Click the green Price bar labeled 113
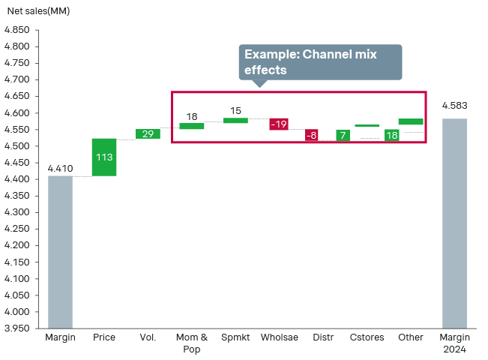click(x=104, y=157)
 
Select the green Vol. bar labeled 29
click(x=148, y=133)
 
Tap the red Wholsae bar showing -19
click(x=279, y=124)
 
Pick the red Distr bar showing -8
click(x=311, y=135)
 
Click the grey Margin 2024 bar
click(x=454, y=223)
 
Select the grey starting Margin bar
click(x=60, y=251)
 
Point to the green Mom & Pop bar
click(x=192, y=126)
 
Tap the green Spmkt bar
click(x=235, y=120)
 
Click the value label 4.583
click(x=454, y=106)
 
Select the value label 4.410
click(x=60, y=168)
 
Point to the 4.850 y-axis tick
click(x=16, y=30)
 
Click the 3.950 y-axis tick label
click(x=16, y=328)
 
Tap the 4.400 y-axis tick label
click(x=16, y=179)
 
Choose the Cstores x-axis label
click(x=367, y=337)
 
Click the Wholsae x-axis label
click(x=279, y=337)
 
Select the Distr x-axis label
click(x=323, y=337)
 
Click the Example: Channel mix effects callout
click(x=320, y=61)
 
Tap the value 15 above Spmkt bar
click(x=235, y=111)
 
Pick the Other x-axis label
click(x=411, y=337)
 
